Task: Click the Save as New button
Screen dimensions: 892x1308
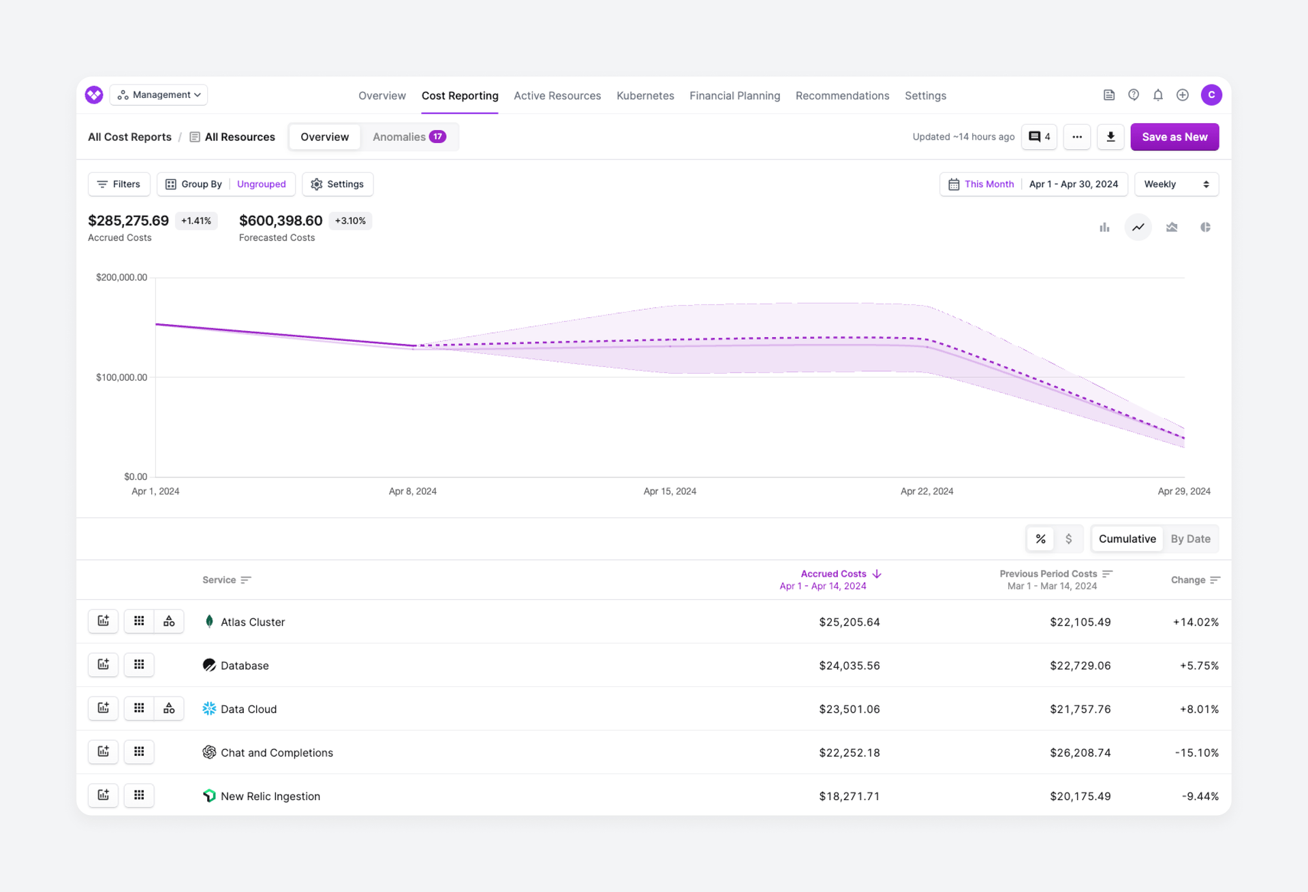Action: tap(1174, 137)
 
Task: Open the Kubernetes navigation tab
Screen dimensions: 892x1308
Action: tap(645, 96)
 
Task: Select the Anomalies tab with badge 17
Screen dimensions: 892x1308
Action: tap(409, 137)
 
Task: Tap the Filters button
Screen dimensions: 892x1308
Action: tap(119, 184)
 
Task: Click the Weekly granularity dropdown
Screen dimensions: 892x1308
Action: tap(1176, 184)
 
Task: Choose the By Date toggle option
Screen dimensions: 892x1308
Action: tap(1190, 539)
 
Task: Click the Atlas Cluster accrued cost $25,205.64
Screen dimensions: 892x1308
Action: tap(849, 622)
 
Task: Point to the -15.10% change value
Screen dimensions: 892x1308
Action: tap(1196, 752)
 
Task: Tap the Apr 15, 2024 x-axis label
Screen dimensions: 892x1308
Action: tap(670, 491)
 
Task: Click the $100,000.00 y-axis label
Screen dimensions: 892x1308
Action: tap(121, 377)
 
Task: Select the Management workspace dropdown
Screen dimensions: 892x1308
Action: tap(159, 95)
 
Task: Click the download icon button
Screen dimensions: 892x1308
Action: tap(1110, 137)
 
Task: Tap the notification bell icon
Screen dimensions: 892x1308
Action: tap(1158, 95)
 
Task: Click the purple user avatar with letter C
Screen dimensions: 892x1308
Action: tap(1211, 95)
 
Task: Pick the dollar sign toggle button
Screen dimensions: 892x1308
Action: tap(1068, 539)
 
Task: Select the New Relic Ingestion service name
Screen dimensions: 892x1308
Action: tap(270, 796)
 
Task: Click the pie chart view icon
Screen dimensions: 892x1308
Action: tap(1205, 227)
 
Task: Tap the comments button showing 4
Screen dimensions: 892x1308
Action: tap(1039, 137)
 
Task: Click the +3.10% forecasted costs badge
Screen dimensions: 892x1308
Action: tap(350, 221)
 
